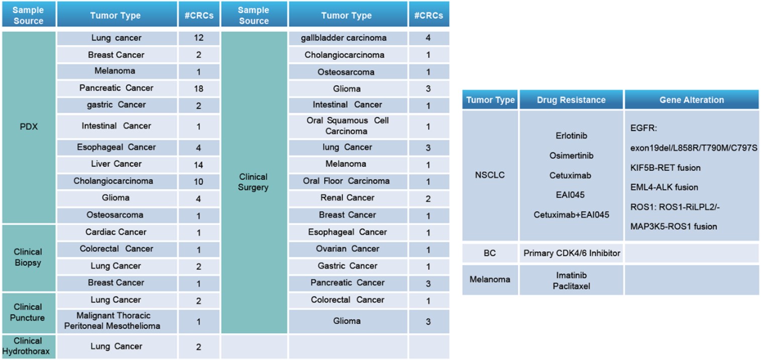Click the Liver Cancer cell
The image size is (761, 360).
(x=117, y=164)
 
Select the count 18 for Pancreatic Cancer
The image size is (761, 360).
(x=198, y=88)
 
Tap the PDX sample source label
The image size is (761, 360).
(x=29, y=127)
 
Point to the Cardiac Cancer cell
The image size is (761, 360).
(x=117, y=232)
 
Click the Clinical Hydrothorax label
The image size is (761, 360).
(x=29, y=346)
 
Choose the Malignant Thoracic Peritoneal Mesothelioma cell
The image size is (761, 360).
(x=117, y=321)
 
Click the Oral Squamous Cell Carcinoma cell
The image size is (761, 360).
(x=348, y=126)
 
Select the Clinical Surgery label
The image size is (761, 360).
(x=254, y=182)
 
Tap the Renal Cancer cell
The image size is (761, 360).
(x=348, y=198)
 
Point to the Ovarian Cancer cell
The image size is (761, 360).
(x=348, y=249)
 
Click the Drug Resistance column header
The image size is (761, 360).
(x=572, y=100)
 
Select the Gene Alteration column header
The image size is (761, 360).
(x=692, y=100)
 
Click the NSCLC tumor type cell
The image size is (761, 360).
(x=490, y=175)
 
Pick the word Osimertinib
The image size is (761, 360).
(x=571, y=156)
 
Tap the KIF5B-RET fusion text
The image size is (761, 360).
(x=665, y=168)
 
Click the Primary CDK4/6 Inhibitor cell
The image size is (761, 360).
(x=572, y=254)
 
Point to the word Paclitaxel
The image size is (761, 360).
(x=571, y=286)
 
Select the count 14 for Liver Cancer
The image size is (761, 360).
(x=198, y=164)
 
